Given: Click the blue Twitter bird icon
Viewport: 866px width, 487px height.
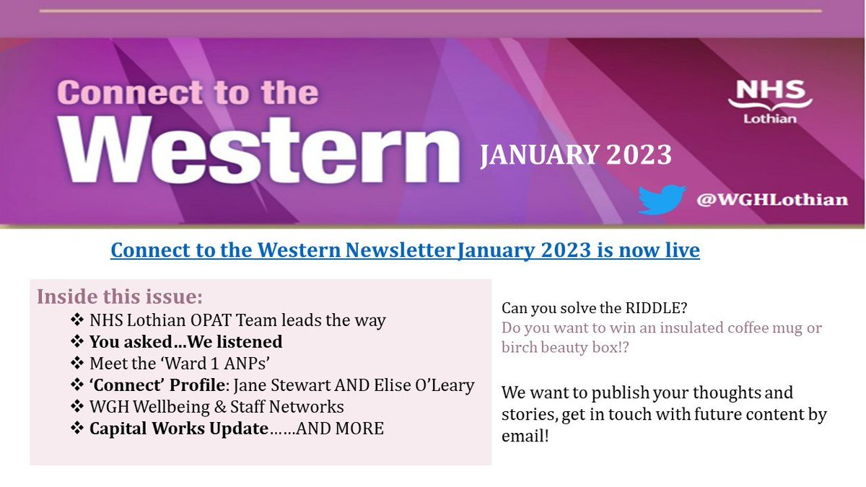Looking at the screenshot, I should [661, 199].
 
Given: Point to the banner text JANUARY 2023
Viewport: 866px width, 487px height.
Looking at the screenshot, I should [576, 154].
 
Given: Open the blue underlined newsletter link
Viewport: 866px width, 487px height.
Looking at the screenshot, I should [405, 250].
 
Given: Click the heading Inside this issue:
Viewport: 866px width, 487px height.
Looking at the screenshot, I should [120, 297].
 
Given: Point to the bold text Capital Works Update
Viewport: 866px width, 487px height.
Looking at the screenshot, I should [178, 429].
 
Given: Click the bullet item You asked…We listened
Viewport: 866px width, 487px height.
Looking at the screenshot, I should [185, 341].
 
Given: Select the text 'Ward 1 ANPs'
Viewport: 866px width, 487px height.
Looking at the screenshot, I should [180, 363].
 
